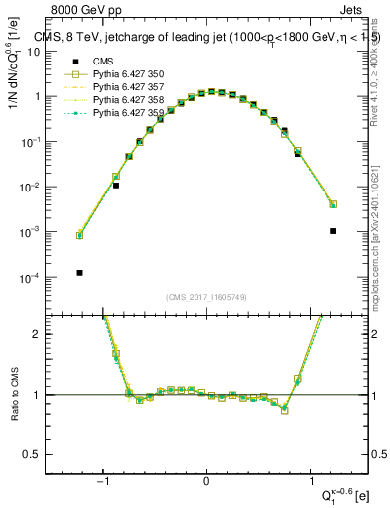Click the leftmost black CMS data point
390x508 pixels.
tap(79, 272)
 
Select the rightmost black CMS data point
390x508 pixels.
tap(333, 231)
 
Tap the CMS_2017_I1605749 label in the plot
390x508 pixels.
tap(206, 297)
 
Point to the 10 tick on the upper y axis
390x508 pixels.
tap(38, 52)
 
